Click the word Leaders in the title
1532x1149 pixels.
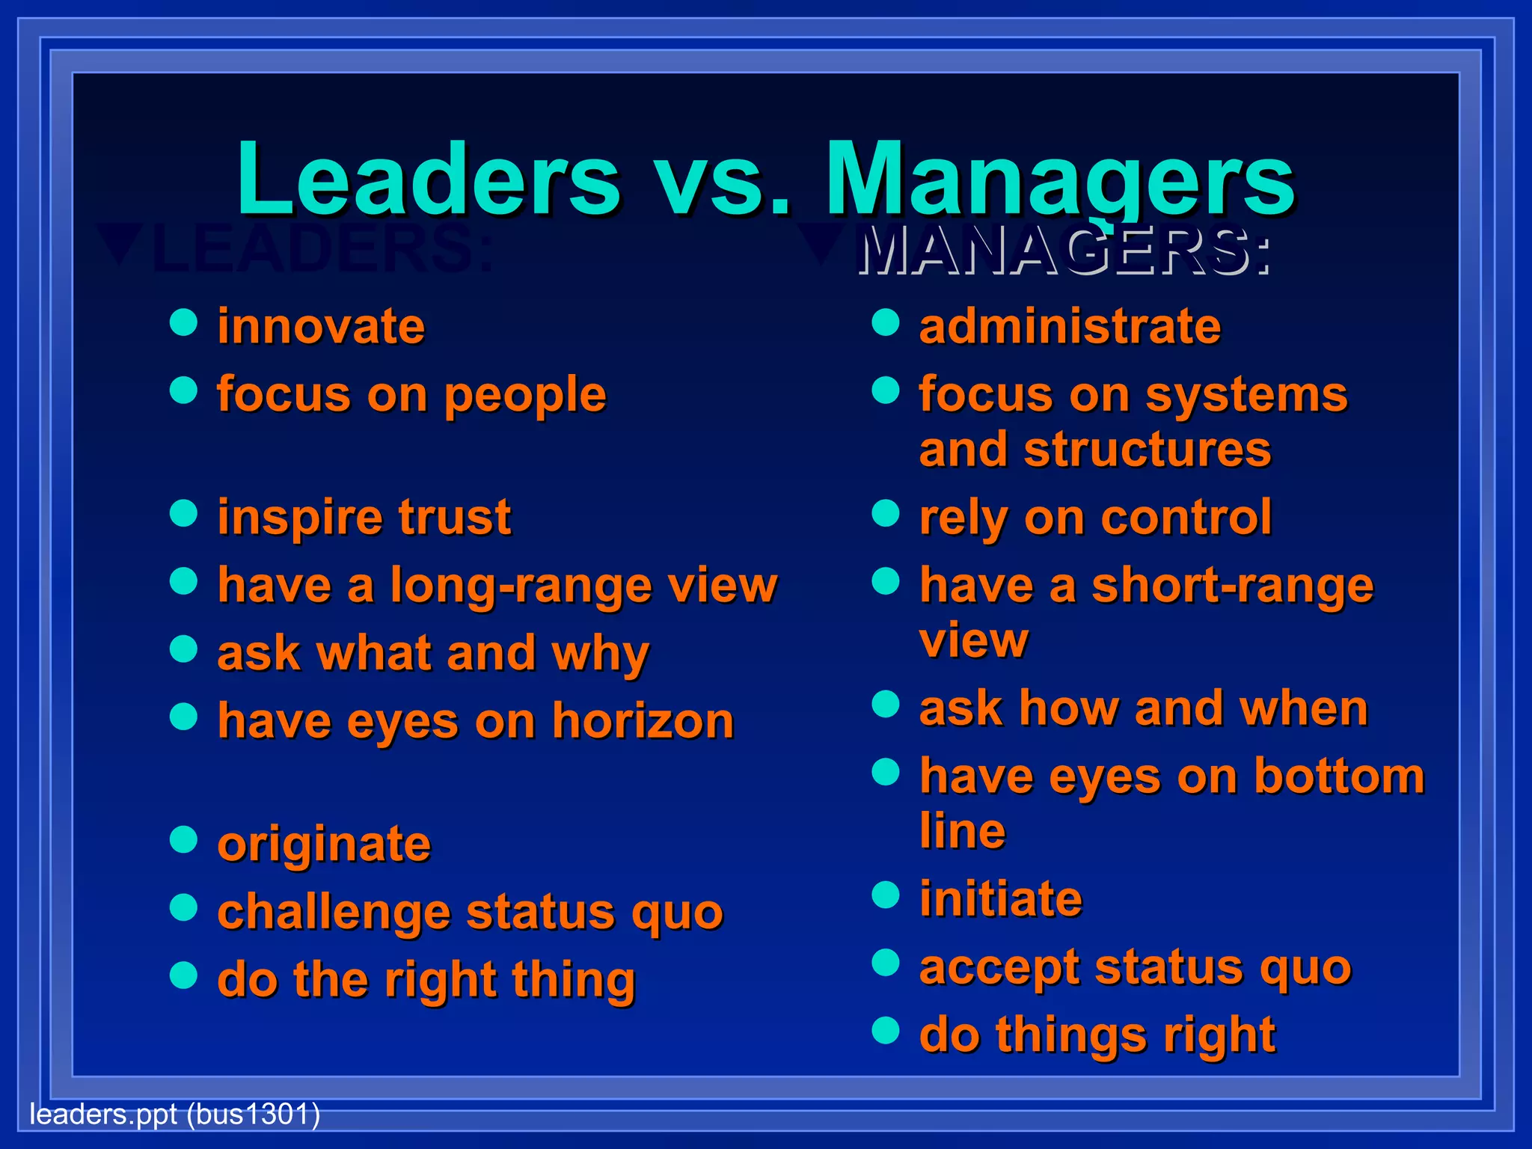coord(428,180)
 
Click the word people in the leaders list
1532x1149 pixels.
coord(525,396)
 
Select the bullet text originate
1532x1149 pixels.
coord(324,845)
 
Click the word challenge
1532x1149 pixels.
coord(334,913)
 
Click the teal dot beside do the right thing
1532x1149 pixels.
coord(183,975)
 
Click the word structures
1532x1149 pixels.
coord(1147,450)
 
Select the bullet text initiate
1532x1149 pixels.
coord(1001,898)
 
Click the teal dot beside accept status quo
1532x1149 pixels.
coord(886,963)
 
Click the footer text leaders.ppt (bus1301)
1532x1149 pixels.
coord(174,1115)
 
